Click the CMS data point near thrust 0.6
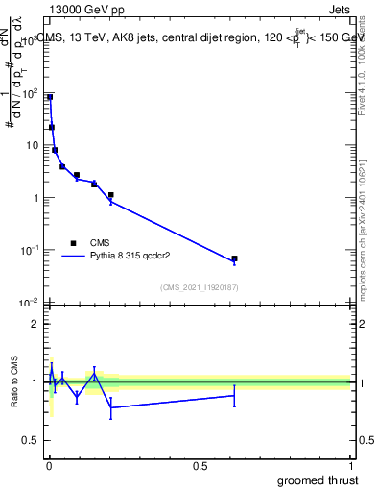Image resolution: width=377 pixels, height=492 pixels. pos(234,258)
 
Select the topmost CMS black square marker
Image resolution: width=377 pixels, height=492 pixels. pos(50,97)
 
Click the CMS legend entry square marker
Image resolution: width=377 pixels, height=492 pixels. pos(73,243)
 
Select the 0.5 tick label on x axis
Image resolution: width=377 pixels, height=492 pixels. pos(200,464)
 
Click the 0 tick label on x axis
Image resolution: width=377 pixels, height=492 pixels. pos(49,464)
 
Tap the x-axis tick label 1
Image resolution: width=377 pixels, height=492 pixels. pos(350,464)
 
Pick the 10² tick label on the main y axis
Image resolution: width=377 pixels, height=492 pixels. pos(30,93)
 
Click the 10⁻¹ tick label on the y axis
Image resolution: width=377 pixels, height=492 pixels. pos(30,250)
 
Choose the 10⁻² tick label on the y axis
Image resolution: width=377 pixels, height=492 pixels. pos(30,303)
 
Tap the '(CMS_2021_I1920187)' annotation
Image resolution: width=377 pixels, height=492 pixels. pos(199,286)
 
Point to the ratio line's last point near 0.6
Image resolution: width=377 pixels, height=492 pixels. pos(234,395)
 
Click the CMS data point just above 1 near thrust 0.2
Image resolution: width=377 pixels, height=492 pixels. pos(111,195)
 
